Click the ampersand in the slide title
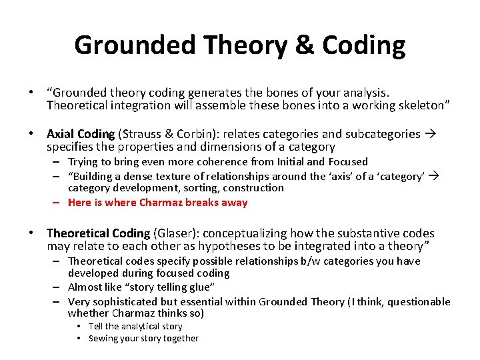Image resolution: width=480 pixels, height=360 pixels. tap(303, 45)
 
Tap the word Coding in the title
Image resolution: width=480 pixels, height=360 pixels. tap(363, 45)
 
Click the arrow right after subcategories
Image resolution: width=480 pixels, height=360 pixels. tap(429, 134)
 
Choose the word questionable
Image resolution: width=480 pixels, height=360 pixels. tap(418, 301)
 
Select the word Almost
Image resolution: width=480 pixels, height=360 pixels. tap(85, 288)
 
